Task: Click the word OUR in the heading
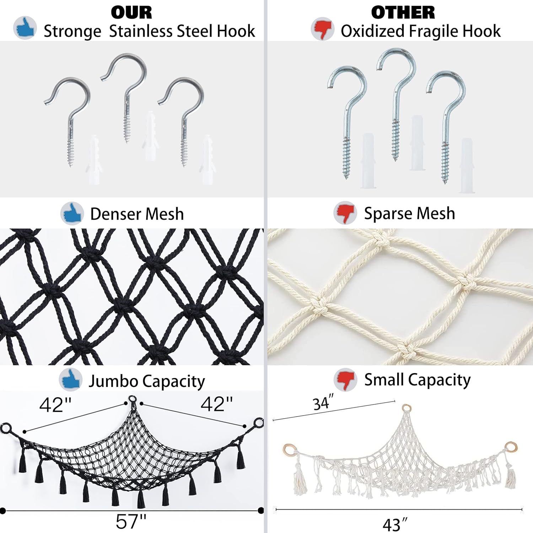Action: [x=131, y=13]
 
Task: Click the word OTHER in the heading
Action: [x=403, y=13]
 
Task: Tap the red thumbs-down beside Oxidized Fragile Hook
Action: [x=322, y=28]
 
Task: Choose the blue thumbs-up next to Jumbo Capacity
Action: [x=71, y=379]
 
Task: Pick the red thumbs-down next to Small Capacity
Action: [x=345, y=379]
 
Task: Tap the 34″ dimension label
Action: [x=323, y=403]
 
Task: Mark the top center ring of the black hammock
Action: [x=132, y=399]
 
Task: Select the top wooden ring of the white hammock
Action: [x=406, y=408]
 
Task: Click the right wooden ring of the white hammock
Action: [x=511, y=446]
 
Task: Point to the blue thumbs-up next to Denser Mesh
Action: [x=72, y=214]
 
